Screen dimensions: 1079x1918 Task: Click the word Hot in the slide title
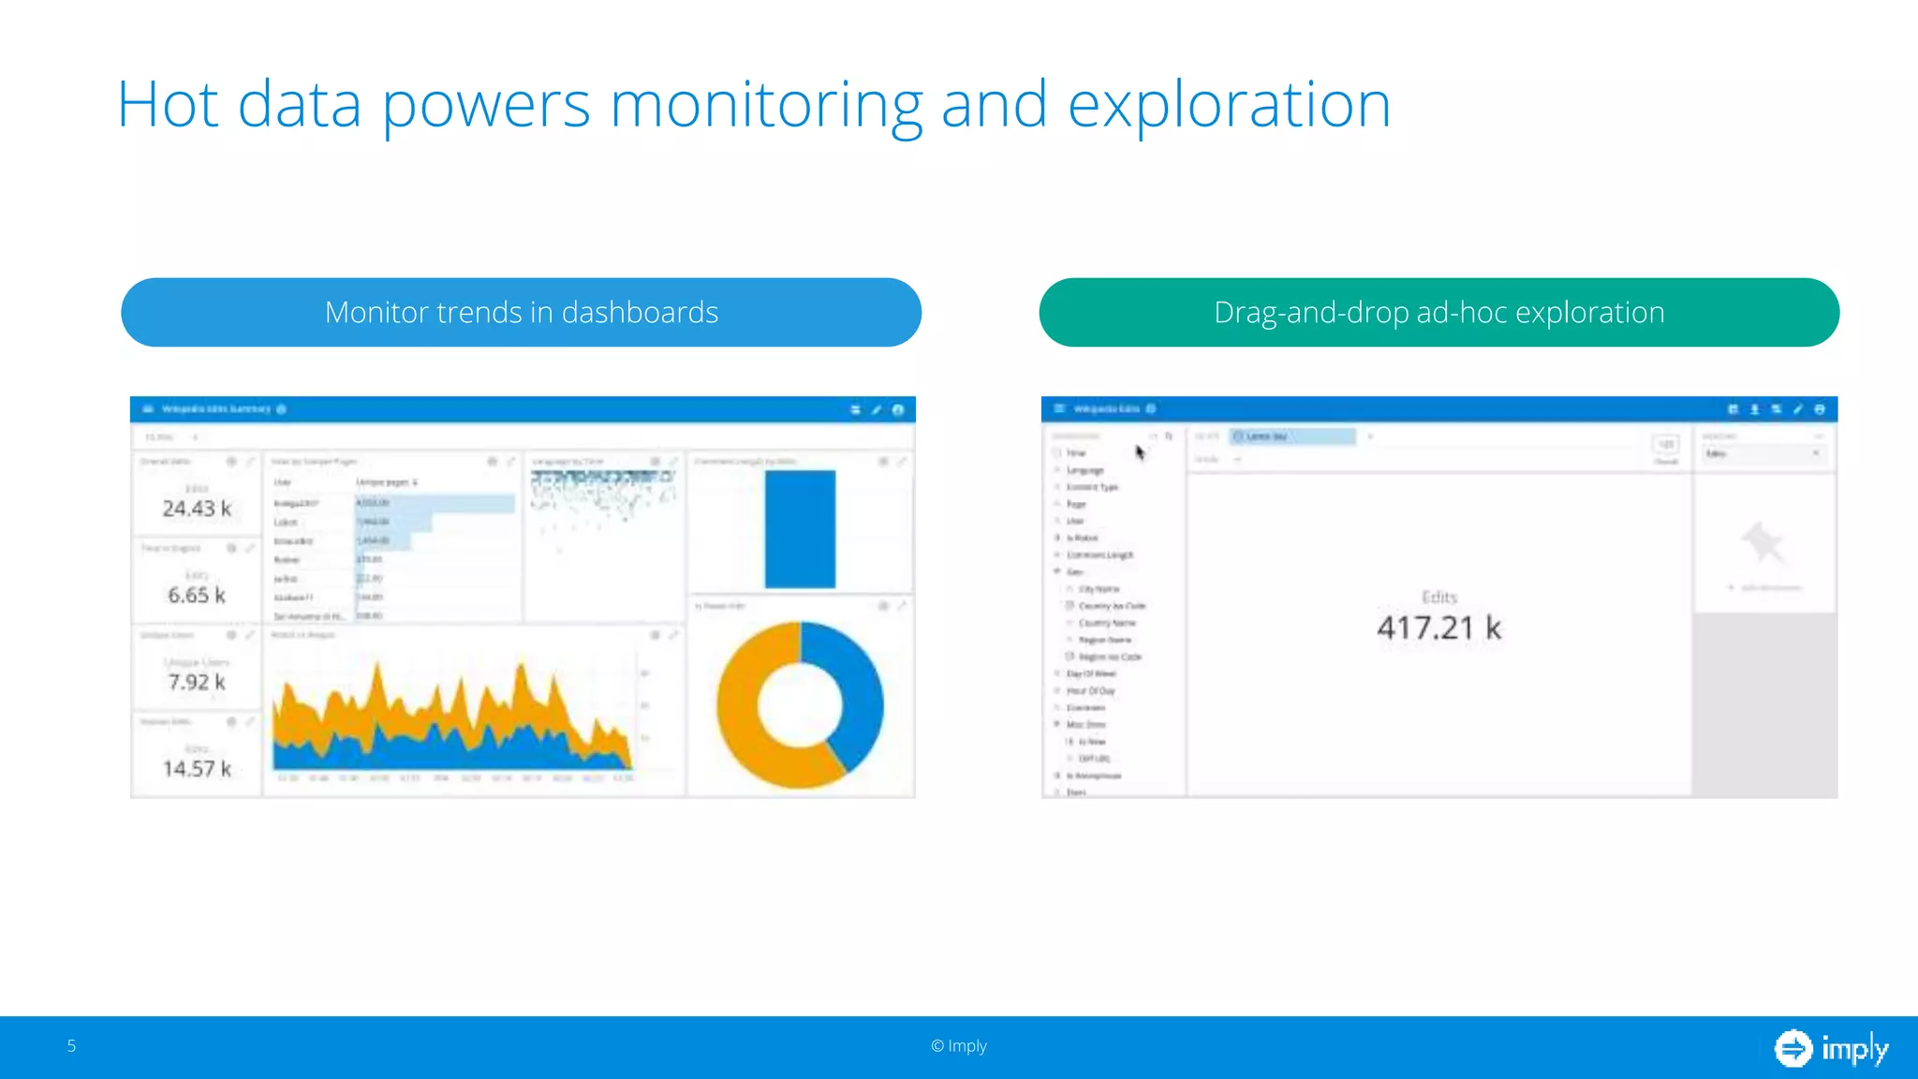tap(168, 105)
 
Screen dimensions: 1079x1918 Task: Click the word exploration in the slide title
tap(1229, 105)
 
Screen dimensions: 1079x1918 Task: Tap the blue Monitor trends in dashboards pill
tap(521, 312)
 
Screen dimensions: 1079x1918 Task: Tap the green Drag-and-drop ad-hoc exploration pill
tap(1438, 312)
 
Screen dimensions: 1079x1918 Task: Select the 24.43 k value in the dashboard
tap(196, 509)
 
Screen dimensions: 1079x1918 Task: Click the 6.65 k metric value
tap(196, 595)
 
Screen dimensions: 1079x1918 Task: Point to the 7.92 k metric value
tap(196, 682)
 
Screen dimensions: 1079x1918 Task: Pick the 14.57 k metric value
tap(196, 769)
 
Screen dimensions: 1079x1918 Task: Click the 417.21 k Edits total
tap(1438, 628)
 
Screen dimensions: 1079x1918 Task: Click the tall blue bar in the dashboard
tap(800, 529)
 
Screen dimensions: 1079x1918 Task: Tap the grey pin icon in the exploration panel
tap(1763, 542)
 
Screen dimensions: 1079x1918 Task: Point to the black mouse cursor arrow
tap(1140, 453)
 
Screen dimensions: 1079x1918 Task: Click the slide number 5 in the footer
tap(71, 1046)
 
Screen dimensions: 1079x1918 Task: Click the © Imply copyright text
tap(959, 1046)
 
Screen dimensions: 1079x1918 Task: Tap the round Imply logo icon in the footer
tap(1793, 1048)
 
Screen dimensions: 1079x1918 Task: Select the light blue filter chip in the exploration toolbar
tap(1292, 436)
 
